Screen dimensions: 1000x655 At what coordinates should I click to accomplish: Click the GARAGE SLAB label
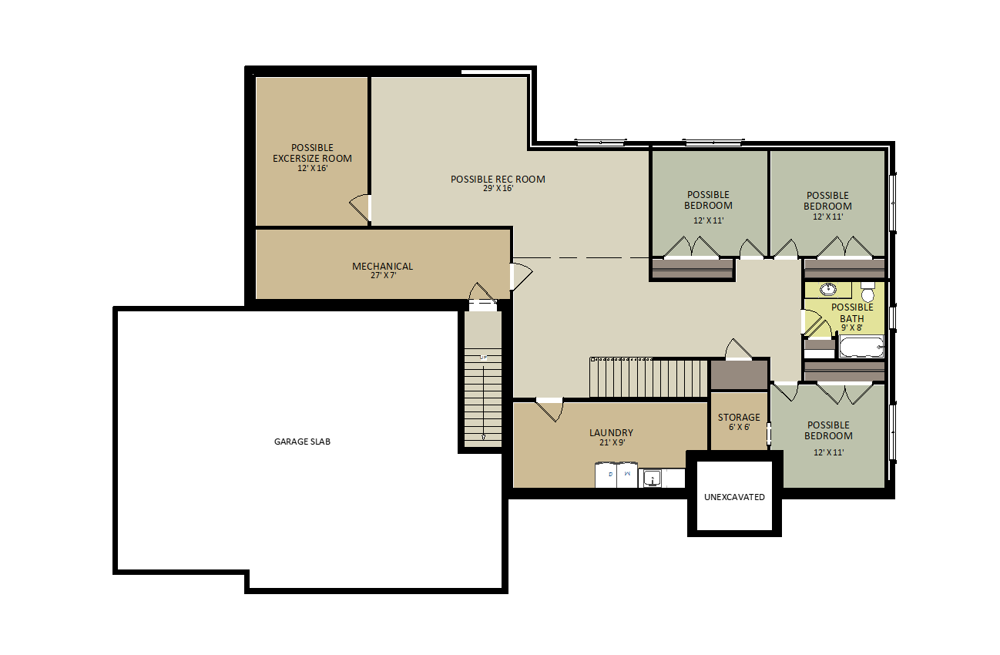coord(302,442)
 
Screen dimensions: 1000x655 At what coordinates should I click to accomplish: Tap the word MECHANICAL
coord(383,266)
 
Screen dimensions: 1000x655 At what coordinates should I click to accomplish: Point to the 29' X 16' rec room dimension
coord(498,189)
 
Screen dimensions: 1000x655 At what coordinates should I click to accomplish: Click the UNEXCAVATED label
coord(734,497)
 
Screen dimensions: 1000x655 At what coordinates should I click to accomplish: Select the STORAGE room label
coord(739,418)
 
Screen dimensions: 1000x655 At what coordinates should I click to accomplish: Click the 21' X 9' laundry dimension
coord(612,442)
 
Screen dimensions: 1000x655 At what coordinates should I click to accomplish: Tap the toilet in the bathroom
coord(867,293)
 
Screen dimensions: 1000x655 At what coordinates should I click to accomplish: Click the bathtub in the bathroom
coord(861,347)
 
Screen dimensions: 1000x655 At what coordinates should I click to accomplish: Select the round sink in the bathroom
coord(828,289)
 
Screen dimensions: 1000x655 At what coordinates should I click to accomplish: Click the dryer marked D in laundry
coord(606,475)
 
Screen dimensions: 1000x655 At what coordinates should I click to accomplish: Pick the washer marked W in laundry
coord(627,475)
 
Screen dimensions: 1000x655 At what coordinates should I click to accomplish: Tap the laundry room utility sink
coord(653,479)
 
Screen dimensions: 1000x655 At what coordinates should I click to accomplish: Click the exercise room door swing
coord(360,208)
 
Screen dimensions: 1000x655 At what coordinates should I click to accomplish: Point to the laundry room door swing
coord(550,410)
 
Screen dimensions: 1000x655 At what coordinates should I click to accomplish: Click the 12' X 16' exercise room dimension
coord(313,168)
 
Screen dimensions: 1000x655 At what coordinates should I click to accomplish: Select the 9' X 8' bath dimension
coord(852,327)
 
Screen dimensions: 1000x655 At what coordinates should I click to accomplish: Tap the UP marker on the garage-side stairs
coord(483,358)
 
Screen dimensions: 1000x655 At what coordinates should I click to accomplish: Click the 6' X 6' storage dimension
coord(740,427)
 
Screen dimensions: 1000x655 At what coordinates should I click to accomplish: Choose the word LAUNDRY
coord(611,432)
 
